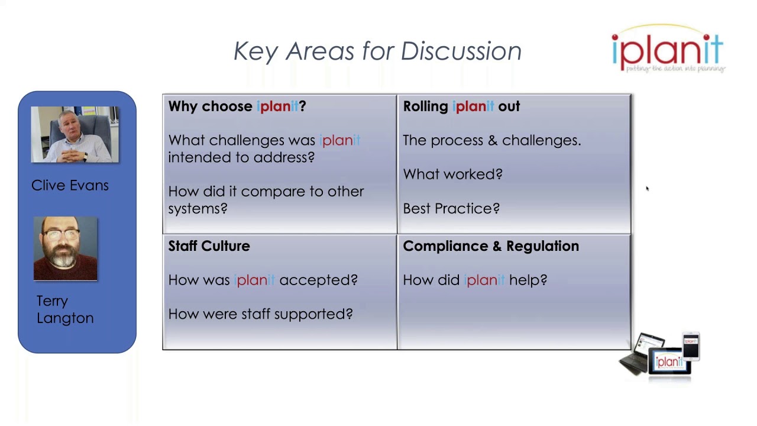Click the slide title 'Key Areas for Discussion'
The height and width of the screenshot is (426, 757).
click(x=377, y=51)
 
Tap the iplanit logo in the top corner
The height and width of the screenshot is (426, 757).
click(x=668, y=51)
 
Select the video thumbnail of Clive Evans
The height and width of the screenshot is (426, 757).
click(x=75, y=135)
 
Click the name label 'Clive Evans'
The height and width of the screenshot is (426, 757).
click(x=70, y=186)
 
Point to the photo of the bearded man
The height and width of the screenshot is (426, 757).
click(x=65, y=248)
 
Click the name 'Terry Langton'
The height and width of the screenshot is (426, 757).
click(x=65, y=309)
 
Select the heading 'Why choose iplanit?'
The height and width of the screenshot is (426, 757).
click(x=237, y=106)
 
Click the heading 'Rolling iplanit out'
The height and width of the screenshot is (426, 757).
click(x=461, y=106)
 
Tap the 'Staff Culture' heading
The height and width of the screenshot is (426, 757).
click(x=209, y=246)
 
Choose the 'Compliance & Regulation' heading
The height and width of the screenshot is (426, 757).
click(x=491, y=246)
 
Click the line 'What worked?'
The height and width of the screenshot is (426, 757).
click(x=452, y=175)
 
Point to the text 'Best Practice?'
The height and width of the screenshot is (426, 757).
click(x=451, y=209)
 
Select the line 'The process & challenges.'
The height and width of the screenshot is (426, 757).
click(x=491, y=141)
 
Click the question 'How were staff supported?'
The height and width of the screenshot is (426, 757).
click(x=260, y=314)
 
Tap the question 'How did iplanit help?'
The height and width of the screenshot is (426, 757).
click(x=475, y=280)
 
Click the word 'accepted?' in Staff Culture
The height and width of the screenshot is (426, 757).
click(x=318, y=280)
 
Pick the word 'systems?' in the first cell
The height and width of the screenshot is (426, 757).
click(x=198, y=209)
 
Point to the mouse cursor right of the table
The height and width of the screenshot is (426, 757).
click(x=647, y=189)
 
